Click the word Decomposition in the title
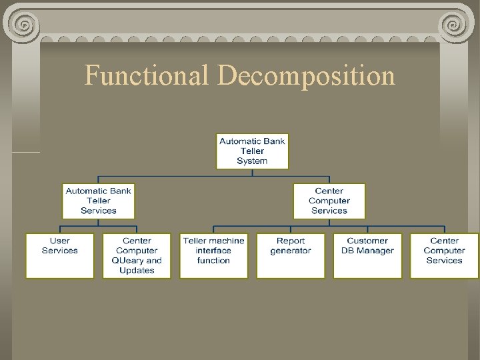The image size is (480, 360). coord(307,75)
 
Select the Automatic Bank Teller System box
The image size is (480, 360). coord(252,151)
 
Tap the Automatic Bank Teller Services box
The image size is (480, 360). coord(99,201)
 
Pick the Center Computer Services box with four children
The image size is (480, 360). coord(329,201)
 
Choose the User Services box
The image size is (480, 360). coord(60,255)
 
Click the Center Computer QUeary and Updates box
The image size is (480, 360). coord(137,255)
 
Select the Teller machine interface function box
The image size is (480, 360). coord(214,255)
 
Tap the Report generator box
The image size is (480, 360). coord(291,255)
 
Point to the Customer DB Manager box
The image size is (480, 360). coord(367,255)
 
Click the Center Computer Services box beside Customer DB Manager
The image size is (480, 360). coord(444,255)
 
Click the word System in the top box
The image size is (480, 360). coord(252,161)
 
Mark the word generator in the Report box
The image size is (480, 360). coord(291,251)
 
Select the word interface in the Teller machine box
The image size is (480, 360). coord(214,251)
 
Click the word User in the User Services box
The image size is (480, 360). coord(60,241)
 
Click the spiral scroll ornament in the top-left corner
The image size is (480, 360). coord(25,25)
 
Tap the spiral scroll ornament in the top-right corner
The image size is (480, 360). coord(455,25)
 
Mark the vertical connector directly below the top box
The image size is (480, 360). coord(252,173)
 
